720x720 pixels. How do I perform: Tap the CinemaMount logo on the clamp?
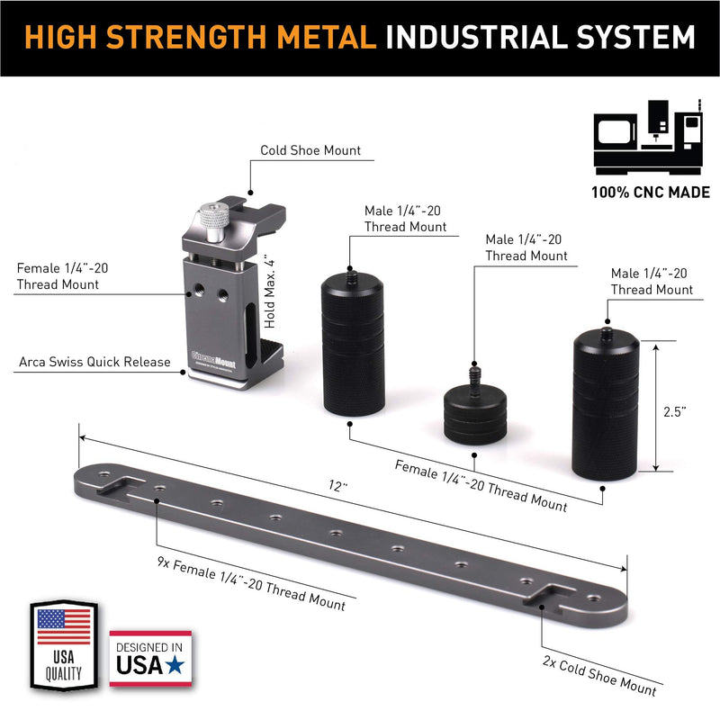point(213,359)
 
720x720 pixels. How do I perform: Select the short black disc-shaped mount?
point(475,414)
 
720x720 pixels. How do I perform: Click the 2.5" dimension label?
point(674,412)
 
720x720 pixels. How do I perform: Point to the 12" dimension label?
point(338,486)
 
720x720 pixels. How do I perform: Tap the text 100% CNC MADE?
point(651,192)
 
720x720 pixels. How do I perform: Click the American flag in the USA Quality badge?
point(64,626)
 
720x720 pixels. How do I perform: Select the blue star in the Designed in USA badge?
point(175,665)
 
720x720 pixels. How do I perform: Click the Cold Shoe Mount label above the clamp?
point(310,150)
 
